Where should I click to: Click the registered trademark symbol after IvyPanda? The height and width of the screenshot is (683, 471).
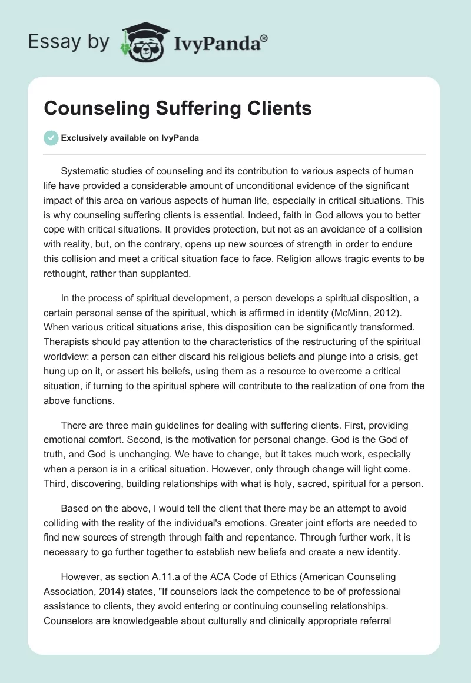coord(264,38)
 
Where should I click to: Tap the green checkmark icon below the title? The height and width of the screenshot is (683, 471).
coord(51,138)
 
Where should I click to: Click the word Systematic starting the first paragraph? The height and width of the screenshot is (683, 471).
coord(87,171)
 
